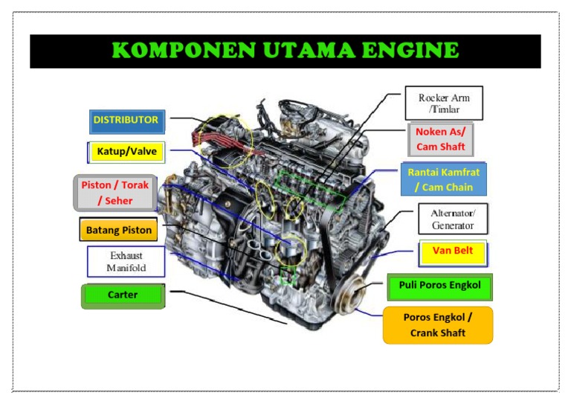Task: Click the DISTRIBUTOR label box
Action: coord(127,122)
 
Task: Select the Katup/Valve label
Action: coord(126,153)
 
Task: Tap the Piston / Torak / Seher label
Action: coord(115,193)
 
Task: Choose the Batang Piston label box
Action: coord(119,229)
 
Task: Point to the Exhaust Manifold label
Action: coord(126,262)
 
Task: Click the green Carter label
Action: coord(123,296)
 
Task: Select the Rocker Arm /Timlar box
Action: coord(444,103)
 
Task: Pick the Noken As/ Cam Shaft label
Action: coord(441,140)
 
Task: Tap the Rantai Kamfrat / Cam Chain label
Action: coord(444,179)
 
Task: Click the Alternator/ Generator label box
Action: coord(453,219)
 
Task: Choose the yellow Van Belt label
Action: coord(453,253)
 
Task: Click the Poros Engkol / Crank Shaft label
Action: coord(438,325)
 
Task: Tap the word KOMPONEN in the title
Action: coord(184,51)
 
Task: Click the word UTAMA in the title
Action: coord(309,51)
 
